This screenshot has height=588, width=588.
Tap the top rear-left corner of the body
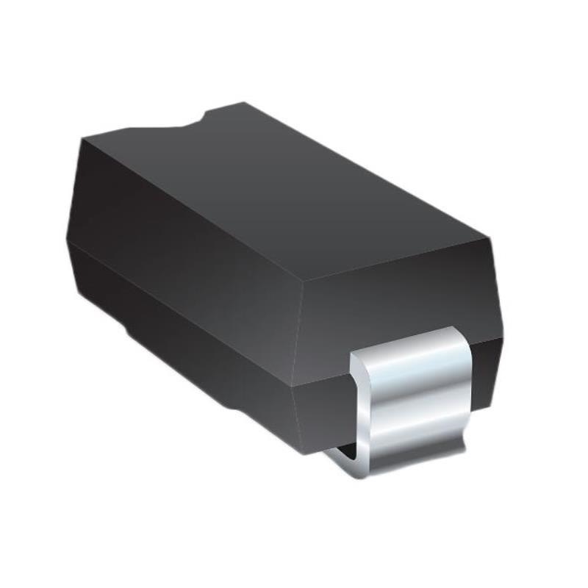point(84,137)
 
